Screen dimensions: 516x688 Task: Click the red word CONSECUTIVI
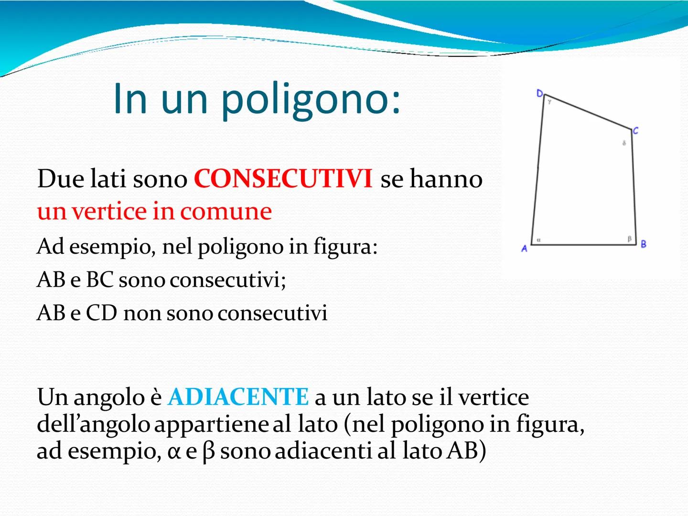[x=283, y=179]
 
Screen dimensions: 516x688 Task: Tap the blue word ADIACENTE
[x=238, y=397]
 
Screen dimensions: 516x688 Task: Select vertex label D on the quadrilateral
[x=539, y=93]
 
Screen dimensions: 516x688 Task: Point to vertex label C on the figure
[x=635, y=130]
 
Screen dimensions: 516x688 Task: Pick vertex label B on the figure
[x=644, y=244]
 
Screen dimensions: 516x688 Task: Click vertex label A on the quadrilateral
[x=524, y=248]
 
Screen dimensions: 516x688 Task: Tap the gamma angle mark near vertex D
[x=549, y=102]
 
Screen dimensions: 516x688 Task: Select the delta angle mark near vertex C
[x=624, y=143]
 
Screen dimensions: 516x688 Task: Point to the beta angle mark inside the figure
[x=629, y=238]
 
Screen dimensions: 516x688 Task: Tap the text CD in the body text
[x=101, y=313]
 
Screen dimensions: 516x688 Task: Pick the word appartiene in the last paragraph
[x=212, y=425]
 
